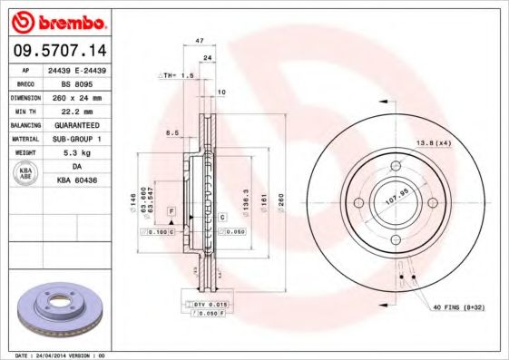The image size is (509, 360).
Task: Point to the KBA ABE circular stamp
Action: click(26, 174)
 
